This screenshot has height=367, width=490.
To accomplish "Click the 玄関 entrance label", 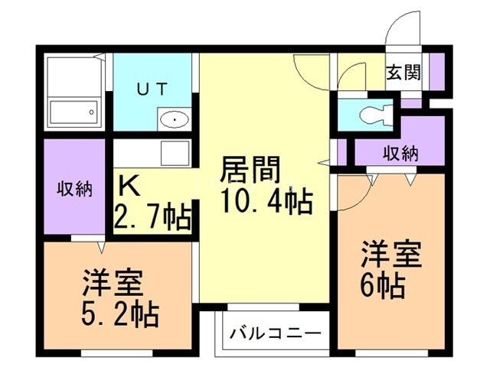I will (x=403, y=73).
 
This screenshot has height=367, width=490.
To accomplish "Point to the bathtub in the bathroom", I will (x=73, y=112).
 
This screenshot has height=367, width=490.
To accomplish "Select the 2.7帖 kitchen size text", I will (x=152, y=218).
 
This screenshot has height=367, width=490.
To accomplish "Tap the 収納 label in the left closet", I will (x=73, y=189).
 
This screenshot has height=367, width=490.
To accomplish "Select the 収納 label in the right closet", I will (x=400, y=152).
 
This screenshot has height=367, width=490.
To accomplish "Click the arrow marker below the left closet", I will (x=100, y=246).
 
